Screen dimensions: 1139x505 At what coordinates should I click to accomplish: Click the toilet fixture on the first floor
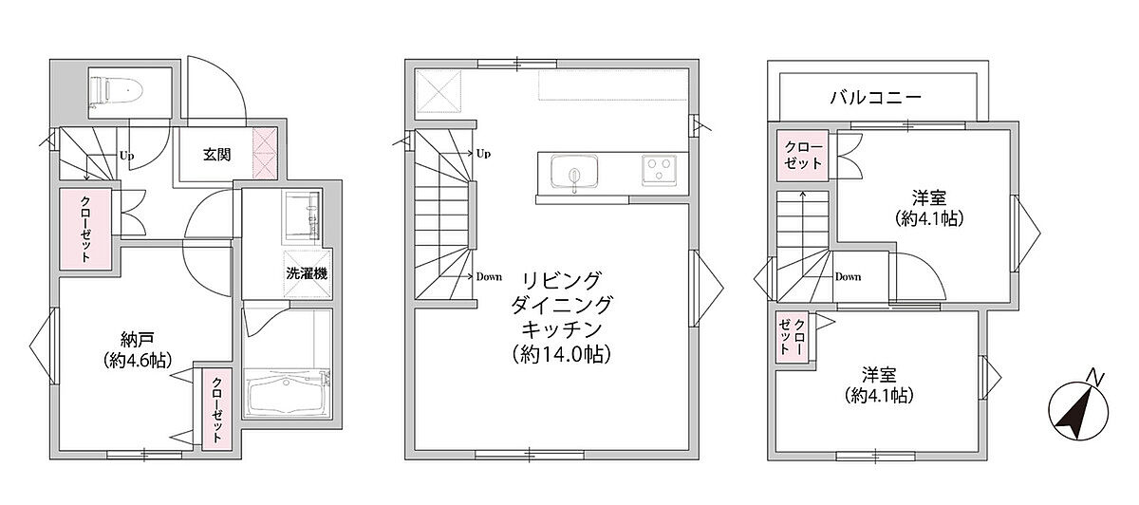click(116, 93)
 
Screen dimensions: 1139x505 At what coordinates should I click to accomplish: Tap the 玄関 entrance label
click(217, 155)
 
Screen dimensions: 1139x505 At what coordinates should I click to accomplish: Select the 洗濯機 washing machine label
click(307, 273)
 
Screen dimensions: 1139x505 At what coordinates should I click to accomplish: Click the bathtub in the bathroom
click(286, 394)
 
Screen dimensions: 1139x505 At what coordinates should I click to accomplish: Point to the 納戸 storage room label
click(138, 339)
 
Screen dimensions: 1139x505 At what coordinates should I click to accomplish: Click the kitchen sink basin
click(574, 172)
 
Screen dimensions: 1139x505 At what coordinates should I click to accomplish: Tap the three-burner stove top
click(659, 170)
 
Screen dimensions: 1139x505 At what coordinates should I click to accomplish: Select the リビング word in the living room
click(562, 280)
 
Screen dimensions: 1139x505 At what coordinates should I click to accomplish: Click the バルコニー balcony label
click(876, 97)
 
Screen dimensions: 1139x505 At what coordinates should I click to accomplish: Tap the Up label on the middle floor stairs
click(483, 154)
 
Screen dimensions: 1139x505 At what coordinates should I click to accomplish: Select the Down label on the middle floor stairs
click(489, 277)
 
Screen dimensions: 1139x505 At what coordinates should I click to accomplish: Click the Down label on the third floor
click(849, 277)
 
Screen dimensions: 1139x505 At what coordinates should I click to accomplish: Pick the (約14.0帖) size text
click(562, 354)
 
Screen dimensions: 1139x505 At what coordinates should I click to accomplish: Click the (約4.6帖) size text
click(138, 361)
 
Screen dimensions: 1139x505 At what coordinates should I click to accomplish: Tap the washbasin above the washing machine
click(302, 215)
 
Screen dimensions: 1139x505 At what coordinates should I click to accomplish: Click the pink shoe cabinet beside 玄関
click(265, 154)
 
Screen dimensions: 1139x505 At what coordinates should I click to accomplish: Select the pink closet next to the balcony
click(803, 156)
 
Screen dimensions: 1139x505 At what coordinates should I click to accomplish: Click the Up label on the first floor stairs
click(127, 155)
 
